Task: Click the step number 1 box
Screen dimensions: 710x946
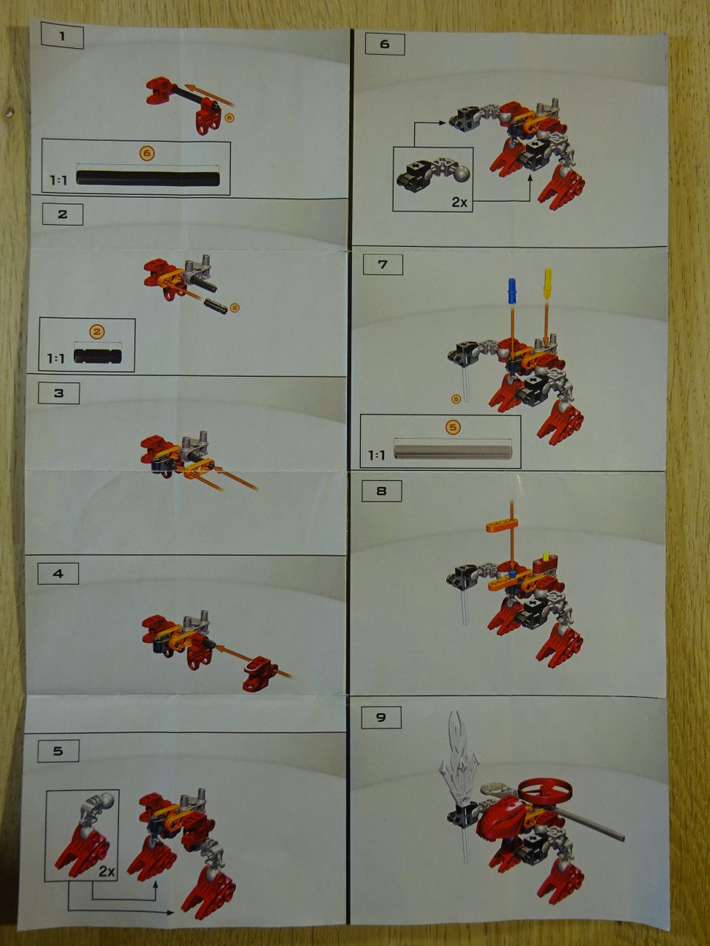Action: coord(62,36)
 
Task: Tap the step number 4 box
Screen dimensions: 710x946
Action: coord(58,574)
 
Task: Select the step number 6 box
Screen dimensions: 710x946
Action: coord(385,44)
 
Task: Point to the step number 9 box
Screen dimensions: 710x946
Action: coord(381,718)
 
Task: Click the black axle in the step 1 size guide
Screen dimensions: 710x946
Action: coord(148,178)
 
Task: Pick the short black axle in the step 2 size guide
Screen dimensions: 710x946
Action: coord(98,356)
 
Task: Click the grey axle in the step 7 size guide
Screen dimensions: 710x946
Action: coord(453,452)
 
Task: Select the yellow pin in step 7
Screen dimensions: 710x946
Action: coord(547,284)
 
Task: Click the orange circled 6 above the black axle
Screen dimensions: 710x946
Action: coord(147,154)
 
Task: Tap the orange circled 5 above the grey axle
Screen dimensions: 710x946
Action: coord(453,427)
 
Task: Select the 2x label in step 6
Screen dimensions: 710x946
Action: coord(459,202)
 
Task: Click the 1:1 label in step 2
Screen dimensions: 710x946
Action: coord(56,358)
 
